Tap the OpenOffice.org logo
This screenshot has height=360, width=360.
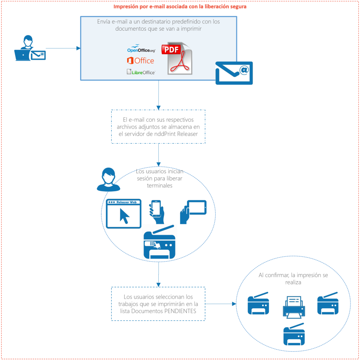(141, 49)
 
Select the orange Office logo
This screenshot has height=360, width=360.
(140, 61)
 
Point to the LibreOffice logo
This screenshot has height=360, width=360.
(141, 72)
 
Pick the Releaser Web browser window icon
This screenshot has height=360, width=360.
(124, 213)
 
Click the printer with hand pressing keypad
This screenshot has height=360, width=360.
(159, 243)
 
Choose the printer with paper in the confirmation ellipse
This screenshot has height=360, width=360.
(294, 306)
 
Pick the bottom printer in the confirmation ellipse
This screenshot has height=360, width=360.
(294, 334)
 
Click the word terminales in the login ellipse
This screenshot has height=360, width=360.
(160, 186)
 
